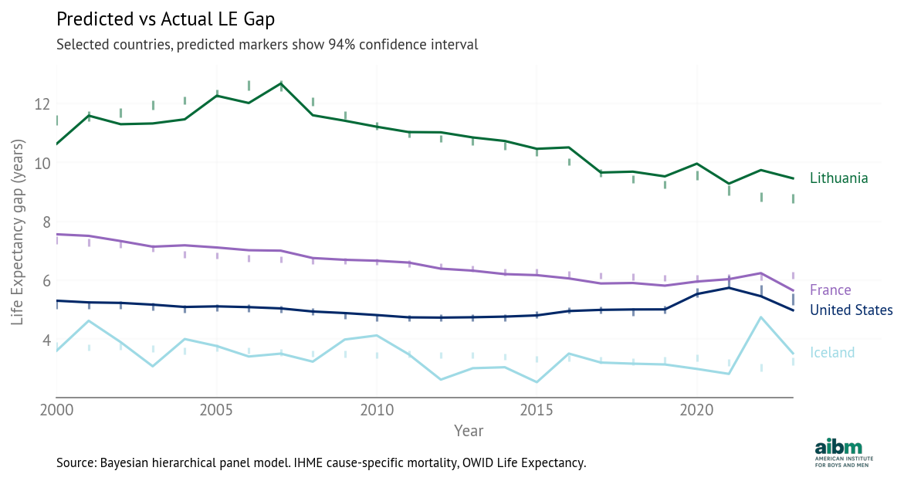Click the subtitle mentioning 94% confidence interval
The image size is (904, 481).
[x=267, y=45]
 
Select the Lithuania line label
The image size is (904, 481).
[x=838, y=178]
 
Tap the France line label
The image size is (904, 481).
[x=830, y=290]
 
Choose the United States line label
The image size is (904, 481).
[x=851, y=310]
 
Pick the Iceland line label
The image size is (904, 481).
[x=832, y=353]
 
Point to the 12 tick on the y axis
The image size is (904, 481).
[x=42, y=104]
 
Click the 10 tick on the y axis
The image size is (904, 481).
[x=42, y=163]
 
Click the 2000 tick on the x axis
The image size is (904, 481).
[x=56, y=408]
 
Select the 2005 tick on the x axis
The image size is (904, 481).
[x=217, y=408]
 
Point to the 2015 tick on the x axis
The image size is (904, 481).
[x=537, y=408]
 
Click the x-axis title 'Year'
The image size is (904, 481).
[x=469, y=430]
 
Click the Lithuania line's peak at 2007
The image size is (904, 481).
[x=281, y=83]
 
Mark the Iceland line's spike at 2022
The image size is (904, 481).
[x=761, y=317]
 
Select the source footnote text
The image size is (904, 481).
[x=321, y=463]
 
